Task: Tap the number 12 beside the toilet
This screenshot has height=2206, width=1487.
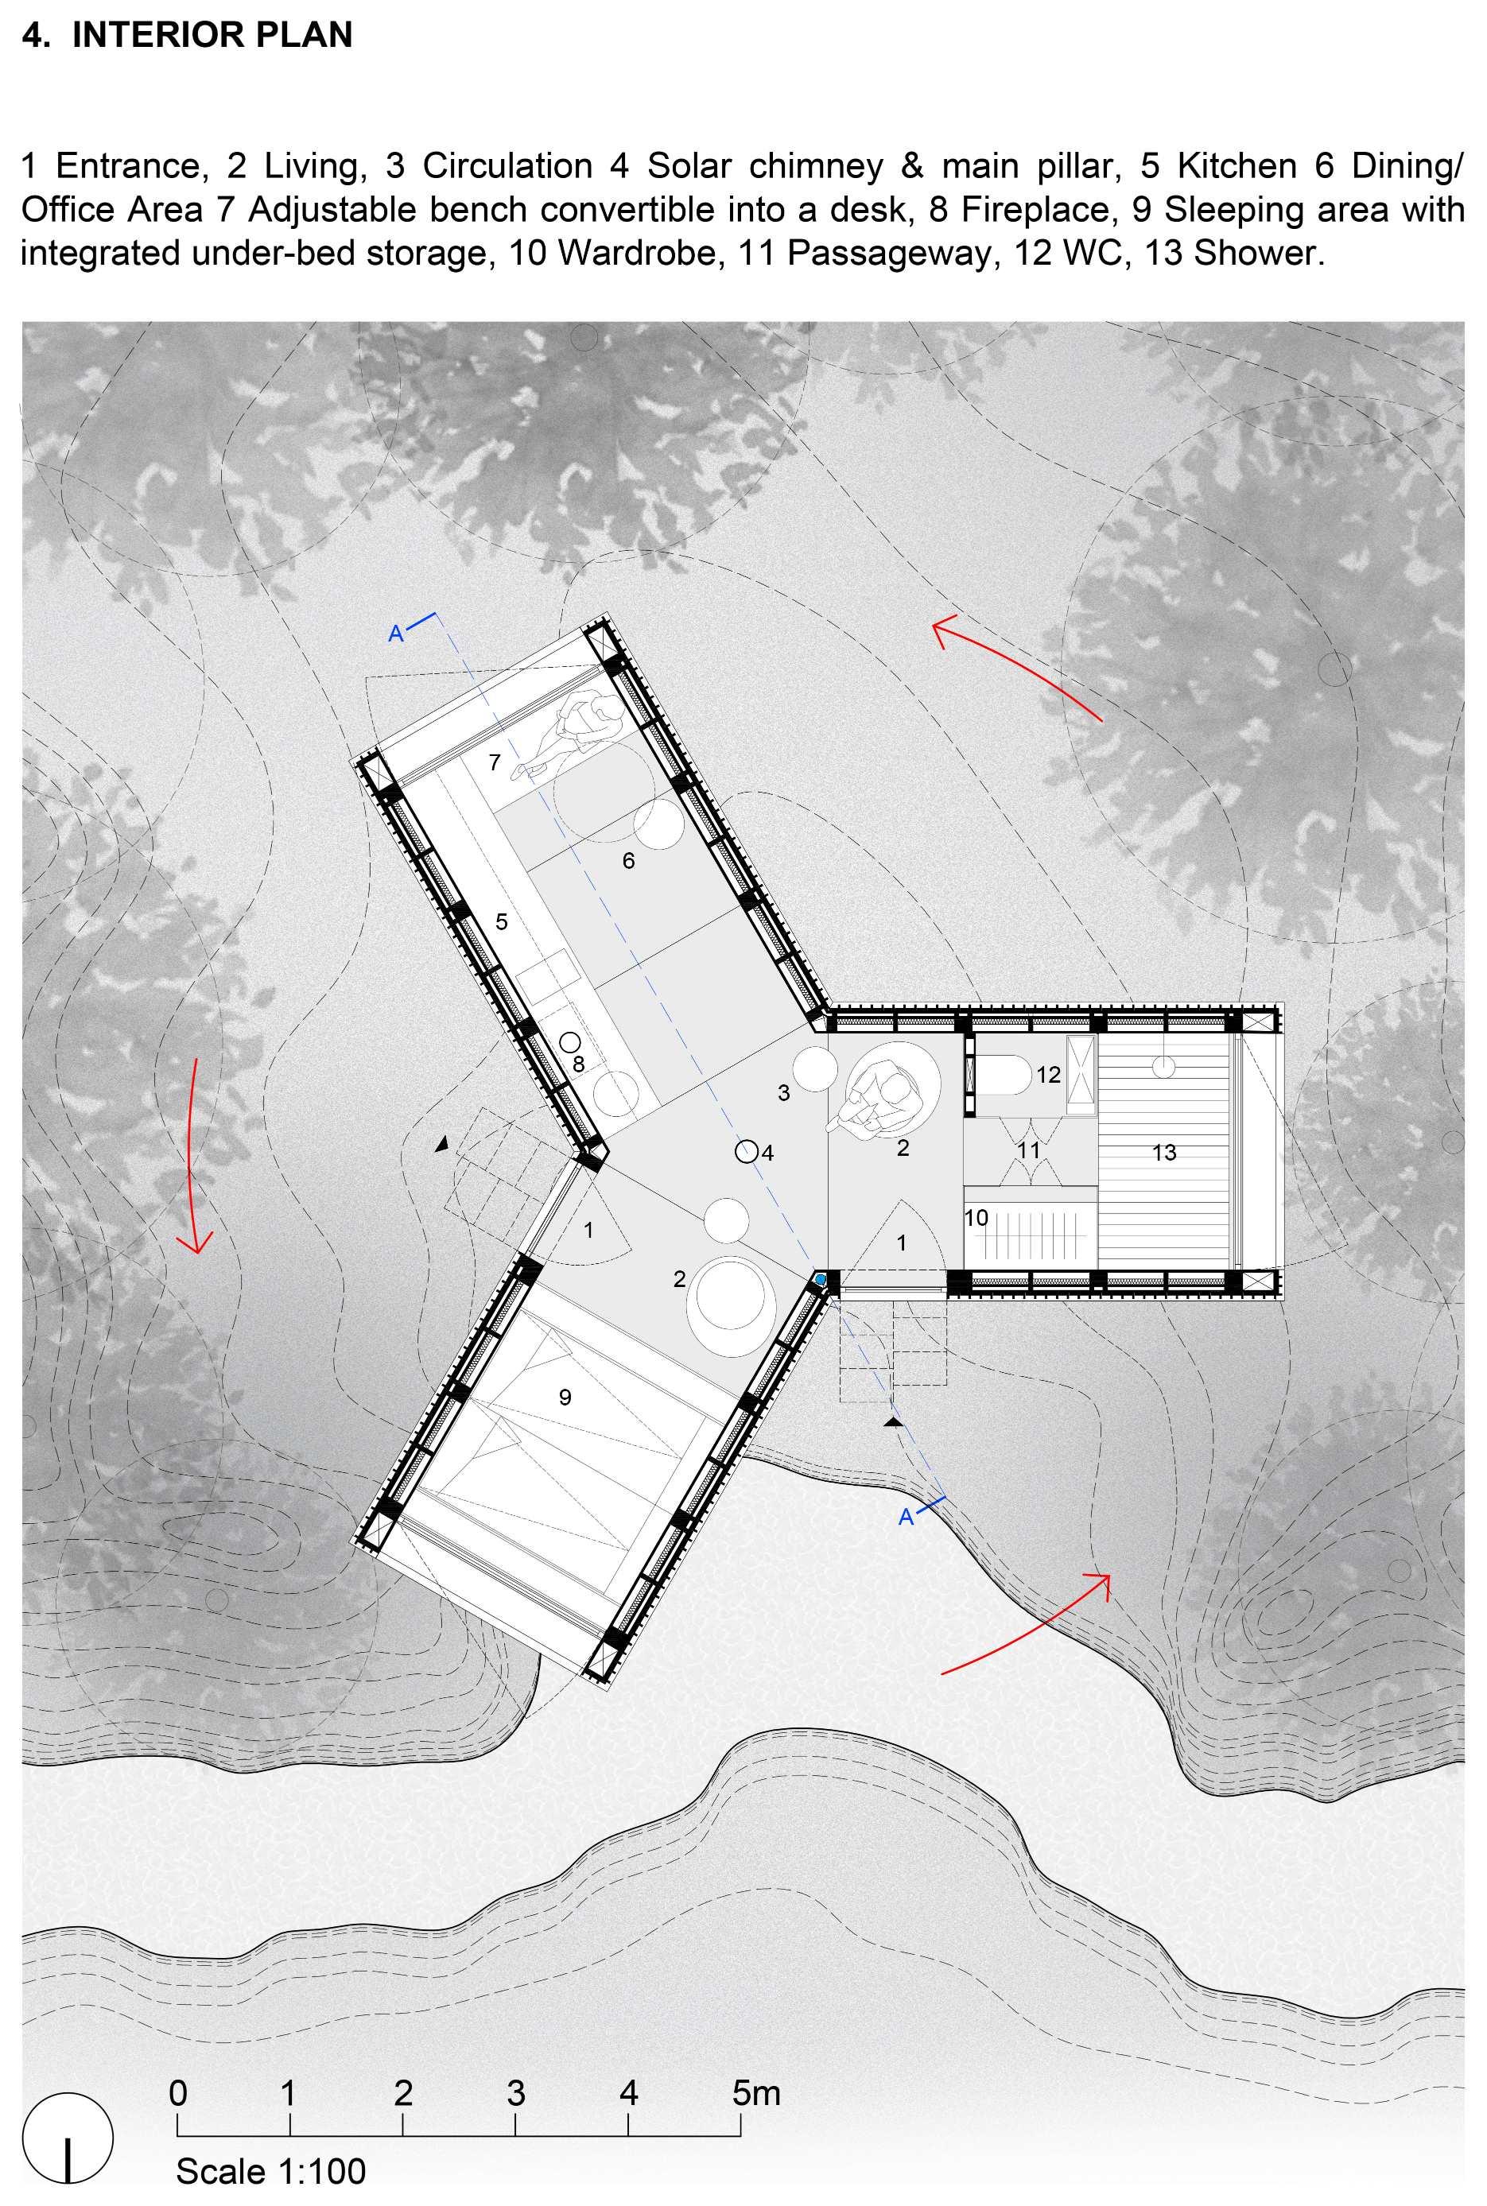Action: click(1048, 1074)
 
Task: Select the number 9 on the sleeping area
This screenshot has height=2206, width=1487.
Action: click(565, 1397)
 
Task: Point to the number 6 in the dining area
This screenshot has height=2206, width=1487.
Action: click(629, 861)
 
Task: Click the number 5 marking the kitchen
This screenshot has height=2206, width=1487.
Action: click(502, 921)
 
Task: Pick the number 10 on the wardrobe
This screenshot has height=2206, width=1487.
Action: click(976, 1218)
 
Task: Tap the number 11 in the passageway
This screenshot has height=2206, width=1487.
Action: click(1029, 1150)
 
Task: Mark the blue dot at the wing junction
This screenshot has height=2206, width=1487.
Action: click(821, 1279)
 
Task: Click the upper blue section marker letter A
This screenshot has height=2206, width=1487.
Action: click(397, 634)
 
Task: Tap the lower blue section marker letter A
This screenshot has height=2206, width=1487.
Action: click(906, 1517)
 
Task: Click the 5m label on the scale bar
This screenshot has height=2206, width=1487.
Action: click(756, 2092)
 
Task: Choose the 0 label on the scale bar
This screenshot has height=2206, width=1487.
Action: click(178, 2092)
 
